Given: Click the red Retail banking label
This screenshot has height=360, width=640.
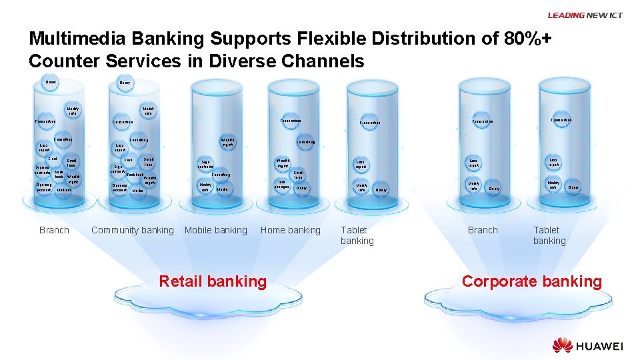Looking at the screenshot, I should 212,282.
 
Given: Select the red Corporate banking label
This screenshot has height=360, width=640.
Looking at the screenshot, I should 531,282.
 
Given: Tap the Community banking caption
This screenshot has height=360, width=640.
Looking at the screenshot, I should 132,231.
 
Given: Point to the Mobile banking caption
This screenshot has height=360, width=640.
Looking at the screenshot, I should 215,231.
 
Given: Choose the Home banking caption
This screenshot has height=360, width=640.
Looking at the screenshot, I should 290,231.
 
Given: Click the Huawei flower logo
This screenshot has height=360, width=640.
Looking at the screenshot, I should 562,345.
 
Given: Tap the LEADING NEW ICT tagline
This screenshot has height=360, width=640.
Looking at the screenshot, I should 585,15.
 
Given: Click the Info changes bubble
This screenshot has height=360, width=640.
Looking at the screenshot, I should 281,184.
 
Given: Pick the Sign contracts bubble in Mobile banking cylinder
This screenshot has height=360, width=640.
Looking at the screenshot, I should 207,163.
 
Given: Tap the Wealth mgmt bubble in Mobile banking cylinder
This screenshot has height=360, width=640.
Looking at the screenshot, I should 227,142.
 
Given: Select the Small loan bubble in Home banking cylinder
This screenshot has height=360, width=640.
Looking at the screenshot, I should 299,174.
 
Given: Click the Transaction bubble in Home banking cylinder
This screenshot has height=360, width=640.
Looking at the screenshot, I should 291,121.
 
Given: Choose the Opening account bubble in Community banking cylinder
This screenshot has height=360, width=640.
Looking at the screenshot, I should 120,188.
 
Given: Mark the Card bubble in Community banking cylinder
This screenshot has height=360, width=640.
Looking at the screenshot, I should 129,161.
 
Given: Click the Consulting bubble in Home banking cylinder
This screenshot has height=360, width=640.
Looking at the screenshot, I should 306,142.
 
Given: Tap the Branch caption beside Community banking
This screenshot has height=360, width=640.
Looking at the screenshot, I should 54,231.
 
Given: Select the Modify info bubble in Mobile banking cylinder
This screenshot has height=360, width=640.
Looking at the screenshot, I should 205,187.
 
